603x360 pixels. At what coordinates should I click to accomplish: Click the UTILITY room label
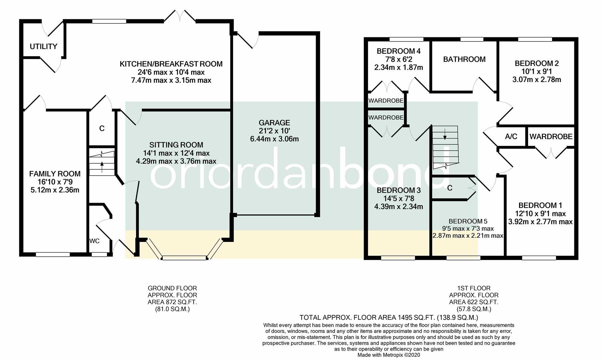(x=43, y=46)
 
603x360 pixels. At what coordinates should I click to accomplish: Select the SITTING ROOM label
(x=176, y=145)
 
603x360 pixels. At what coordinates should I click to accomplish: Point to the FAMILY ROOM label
(x=55, y=174)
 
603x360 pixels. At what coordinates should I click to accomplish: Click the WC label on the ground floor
(x=94, y=241)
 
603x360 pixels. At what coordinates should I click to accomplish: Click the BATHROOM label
(x=464, y=59)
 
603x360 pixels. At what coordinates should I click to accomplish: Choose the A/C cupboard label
(x=511, y=136)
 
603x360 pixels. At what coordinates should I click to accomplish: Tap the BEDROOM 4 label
(x=398, y=51)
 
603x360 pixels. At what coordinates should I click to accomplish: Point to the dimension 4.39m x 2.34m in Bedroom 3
(x=398, y=207)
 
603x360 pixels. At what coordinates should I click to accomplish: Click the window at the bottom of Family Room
(x=53, y=254)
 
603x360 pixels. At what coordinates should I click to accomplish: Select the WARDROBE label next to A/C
(x=551, y=136)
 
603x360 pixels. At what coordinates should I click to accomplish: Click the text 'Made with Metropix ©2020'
(x=389, y=355)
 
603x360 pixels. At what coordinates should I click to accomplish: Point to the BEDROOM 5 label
(x=467, y=221)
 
